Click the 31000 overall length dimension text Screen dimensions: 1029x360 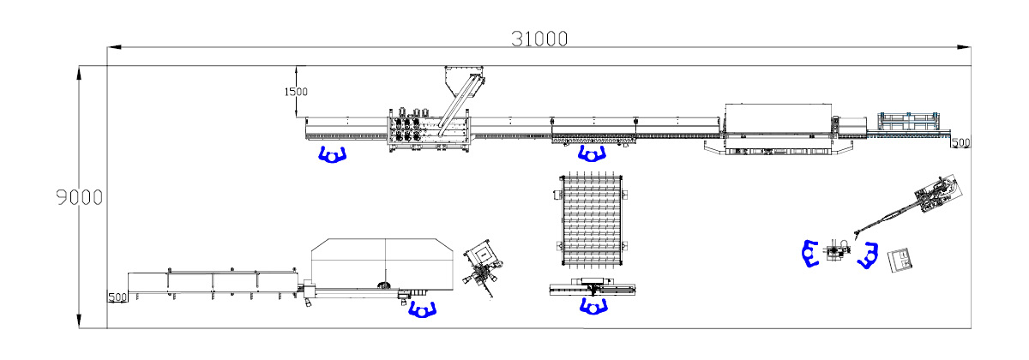pos(539,39)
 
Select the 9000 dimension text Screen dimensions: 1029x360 pos(80,197)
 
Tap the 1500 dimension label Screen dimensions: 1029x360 pos(296,92)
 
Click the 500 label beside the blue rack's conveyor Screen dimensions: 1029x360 pos(961,143)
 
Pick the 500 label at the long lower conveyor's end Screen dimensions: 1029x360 pos(117,297)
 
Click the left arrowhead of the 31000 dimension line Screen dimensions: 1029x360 pos(114,47)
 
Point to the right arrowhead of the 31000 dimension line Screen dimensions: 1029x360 pos(964,47)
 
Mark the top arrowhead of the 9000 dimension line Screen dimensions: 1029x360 pos(79,72)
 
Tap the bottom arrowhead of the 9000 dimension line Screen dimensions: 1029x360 pos(79,321)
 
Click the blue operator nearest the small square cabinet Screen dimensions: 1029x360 pos(868,255)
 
